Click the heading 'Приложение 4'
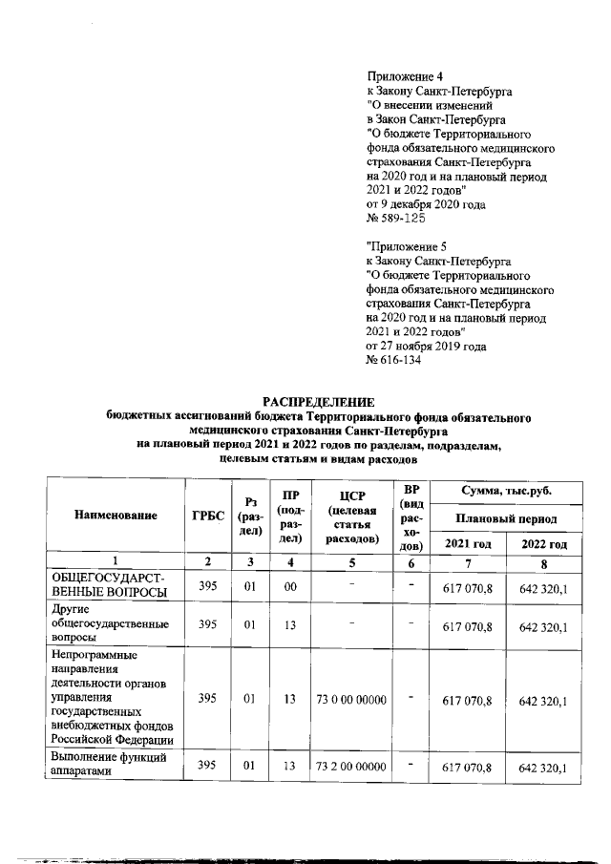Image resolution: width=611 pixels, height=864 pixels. point(406,76)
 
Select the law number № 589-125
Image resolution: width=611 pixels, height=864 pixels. point(399,219)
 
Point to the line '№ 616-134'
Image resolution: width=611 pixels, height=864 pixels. point(393,360)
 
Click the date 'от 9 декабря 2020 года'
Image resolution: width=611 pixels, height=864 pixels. point(426,204)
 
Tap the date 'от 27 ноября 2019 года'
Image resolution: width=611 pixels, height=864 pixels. point(426,346)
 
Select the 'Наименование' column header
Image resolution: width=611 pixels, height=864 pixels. point(116,516)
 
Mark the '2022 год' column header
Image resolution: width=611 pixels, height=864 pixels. point(543,543)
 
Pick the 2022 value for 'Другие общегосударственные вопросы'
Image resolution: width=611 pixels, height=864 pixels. point(543,627)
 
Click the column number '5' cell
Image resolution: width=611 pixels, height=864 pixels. point(350,562)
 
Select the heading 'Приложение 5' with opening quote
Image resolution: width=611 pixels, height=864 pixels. point(406,246)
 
